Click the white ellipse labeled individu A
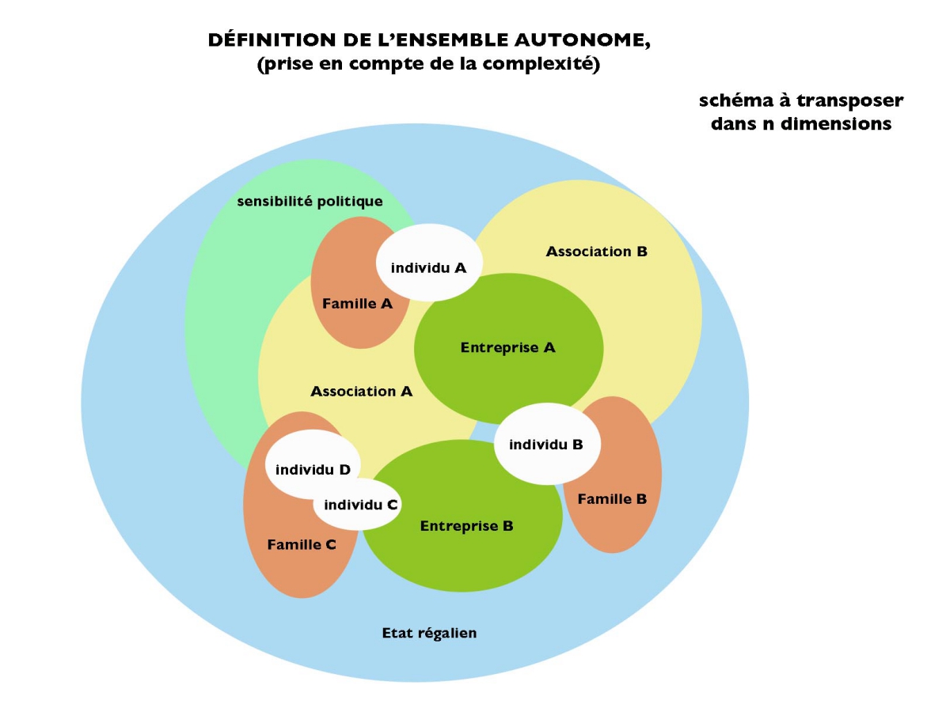(x=429, y=263)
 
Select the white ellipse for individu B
(x=547, y=444)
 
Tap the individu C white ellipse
(x=358, y=504)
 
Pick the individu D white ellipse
(x=313, y=464)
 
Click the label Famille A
(x=357, y=304)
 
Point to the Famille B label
(x=612, y=499)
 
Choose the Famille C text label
(x=302, y=544)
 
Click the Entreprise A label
(x=508, y=347)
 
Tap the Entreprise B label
(x=466, y=526)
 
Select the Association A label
(x=361, y=392)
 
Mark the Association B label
(x=597, y=252)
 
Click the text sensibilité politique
(x=310, y=202)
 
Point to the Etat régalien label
(x=429, y=633)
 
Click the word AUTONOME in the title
(x=582, y=40)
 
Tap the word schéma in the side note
(x=736, y=100)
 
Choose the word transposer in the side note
(x=850, y=101)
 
